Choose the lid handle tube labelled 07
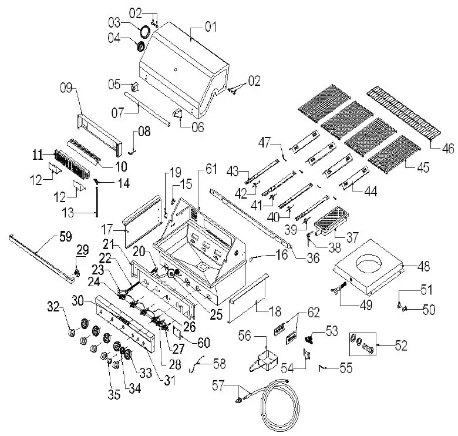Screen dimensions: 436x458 [149, 109]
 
